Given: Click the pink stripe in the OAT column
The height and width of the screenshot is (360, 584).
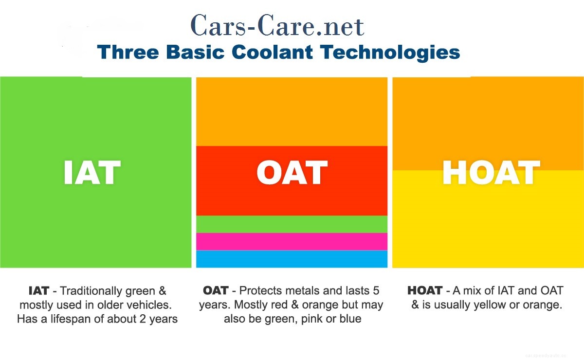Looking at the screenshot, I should coord(292,241).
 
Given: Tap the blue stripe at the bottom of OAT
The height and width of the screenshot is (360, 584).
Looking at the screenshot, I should coord(292,259).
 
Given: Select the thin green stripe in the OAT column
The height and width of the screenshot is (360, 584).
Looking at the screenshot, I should coord(292,224).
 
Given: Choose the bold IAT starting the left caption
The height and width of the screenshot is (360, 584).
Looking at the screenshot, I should coord(38,291).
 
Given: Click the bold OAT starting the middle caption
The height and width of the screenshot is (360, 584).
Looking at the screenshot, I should coord(216,291).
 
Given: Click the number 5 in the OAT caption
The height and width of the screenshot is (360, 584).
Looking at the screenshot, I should coord(376,291).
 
